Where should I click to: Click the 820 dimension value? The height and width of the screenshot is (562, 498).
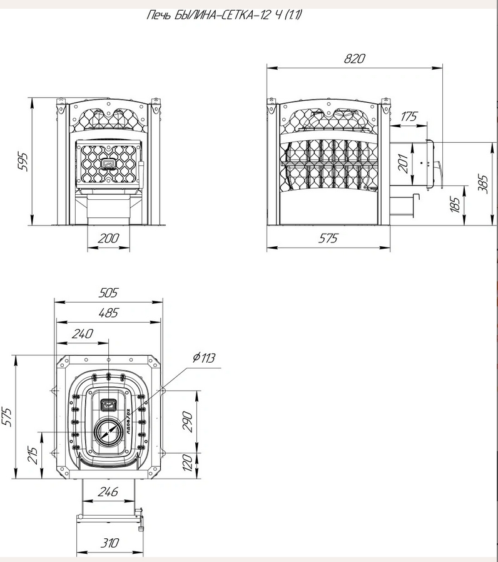click(x=354, y=59)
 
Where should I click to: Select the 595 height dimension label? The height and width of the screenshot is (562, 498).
click(x=23, y=162)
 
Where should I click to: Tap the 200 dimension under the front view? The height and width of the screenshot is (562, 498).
click(x=108, y=238)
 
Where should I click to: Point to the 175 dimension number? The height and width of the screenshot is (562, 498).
click(x=409, y=117)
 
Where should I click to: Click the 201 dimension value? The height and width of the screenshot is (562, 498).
click(x=403, y=164)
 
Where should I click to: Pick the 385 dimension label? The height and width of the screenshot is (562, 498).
click(x=484, y=184)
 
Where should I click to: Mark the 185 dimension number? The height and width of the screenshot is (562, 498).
click(x=455, y=205)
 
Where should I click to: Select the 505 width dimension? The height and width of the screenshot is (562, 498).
click(x=108, y=293)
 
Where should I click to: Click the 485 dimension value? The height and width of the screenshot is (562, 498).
click(x=108, y=313)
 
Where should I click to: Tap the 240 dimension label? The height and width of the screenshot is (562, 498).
click(x=83, y=334)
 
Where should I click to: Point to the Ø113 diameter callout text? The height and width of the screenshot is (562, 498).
click(x=204, y=358)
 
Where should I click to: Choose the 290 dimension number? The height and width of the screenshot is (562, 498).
click(x=187, y=422)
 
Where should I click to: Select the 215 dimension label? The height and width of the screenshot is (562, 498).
click(x=33, y=455)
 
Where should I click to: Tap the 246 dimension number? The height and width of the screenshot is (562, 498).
click(x=108, y=492)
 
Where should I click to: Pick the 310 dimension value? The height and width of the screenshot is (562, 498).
click(x=109, y=543)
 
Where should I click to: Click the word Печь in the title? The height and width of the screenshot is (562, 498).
click(x=160, y=15)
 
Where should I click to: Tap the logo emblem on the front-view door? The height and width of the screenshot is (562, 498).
click(x=108, y=164)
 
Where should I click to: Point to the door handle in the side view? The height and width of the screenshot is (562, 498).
click(x=438, y=174)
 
